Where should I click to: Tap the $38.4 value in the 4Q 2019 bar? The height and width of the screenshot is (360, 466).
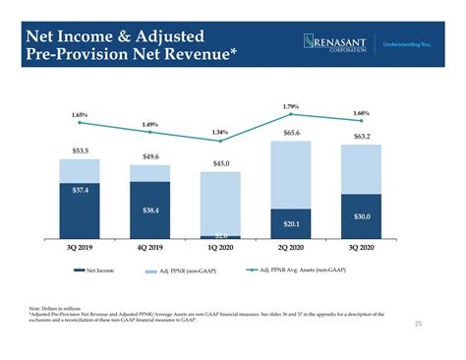click(150, 210)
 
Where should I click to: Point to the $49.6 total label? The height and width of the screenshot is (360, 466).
click(150, 156)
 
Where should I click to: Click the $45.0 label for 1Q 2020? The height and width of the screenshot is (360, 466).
click(221, 163)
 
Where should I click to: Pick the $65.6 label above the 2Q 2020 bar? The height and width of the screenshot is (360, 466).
click(291, 133)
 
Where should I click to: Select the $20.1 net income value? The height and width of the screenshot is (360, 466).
click(291, 223)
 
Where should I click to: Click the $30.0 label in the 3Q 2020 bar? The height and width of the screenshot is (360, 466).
click(361, 215)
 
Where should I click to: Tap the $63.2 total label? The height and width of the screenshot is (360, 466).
click(361, 137)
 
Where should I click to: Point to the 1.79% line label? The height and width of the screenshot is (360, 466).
click(291, 106)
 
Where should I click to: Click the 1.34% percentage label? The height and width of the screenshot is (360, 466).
click(220, 132)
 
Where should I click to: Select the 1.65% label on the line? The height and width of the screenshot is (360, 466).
click(81, 115)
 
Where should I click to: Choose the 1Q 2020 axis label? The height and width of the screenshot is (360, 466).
click(221, 248)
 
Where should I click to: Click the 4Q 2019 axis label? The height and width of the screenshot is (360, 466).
click(150, 248)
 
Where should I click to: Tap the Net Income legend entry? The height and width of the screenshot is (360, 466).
click(98, 270)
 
